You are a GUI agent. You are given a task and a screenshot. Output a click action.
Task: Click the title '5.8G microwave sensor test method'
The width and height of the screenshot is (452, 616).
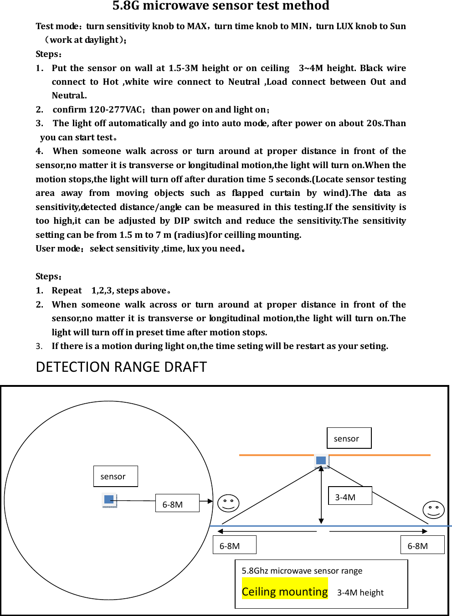point(221,6)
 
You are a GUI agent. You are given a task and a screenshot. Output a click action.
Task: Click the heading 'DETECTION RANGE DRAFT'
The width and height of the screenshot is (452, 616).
point(121,367)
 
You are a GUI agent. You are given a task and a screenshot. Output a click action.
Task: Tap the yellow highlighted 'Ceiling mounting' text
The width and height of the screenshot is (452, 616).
point(285,591)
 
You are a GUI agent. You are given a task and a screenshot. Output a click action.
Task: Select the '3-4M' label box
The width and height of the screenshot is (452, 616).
point(350,496)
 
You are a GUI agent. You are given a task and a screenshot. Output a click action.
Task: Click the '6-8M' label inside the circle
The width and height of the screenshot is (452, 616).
point(177,503)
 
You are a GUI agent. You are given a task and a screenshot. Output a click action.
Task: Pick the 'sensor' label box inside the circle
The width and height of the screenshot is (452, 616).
point(115,476)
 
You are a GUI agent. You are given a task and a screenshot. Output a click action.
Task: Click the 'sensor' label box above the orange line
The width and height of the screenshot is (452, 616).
point(349,438)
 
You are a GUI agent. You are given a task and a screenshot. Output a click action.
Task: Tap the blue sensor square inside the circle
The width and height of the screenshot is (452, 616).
point(109,499)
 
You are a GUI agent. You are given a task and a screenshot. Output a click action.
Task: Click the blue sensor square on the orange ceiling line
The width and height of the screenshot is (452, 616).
point(321,460)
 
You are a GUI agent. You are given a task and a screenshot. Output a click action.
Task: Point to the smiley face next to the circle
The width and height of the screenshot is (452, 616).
point(228,503)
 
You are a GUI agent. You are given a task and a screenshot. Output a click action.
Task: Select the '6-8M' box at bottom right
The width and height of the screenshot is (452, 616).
point(422,545)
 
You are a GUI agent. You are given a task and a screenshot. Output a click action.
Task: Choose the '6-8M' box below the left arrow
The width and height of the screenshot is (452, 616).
point(234,545)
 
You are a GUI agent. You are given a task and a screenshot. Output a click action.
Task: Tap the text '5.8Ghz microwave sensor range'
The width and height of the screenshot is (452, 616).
point(302,571)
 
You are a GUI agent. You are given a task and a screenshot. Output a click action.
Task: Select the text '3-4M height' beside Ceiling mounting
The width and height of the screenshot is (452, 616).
point(360,592)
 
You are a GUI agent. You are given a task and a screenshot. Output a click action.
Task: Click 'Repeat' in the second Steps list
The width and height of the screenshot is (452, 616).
point(67,291)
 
